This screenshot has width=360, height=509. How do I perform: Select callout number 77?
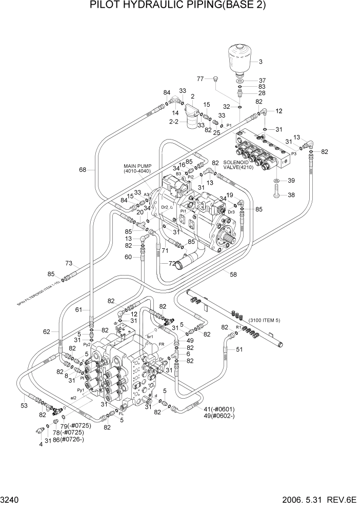201,78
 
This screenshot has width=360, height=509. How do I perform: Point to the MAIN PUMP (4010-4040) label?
137,168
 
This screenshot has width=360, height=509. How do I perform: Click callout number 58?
233,275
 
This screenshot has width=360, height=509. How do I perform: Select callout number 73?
69,263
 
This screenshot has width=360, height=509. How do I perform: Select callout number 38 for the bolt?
290,195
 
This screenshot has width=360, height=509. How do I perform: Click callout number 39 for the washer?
290,181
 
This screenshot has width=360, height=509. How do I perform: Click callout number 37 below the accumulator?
262,81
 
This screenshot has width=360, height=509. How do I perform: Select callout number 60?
129,257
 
